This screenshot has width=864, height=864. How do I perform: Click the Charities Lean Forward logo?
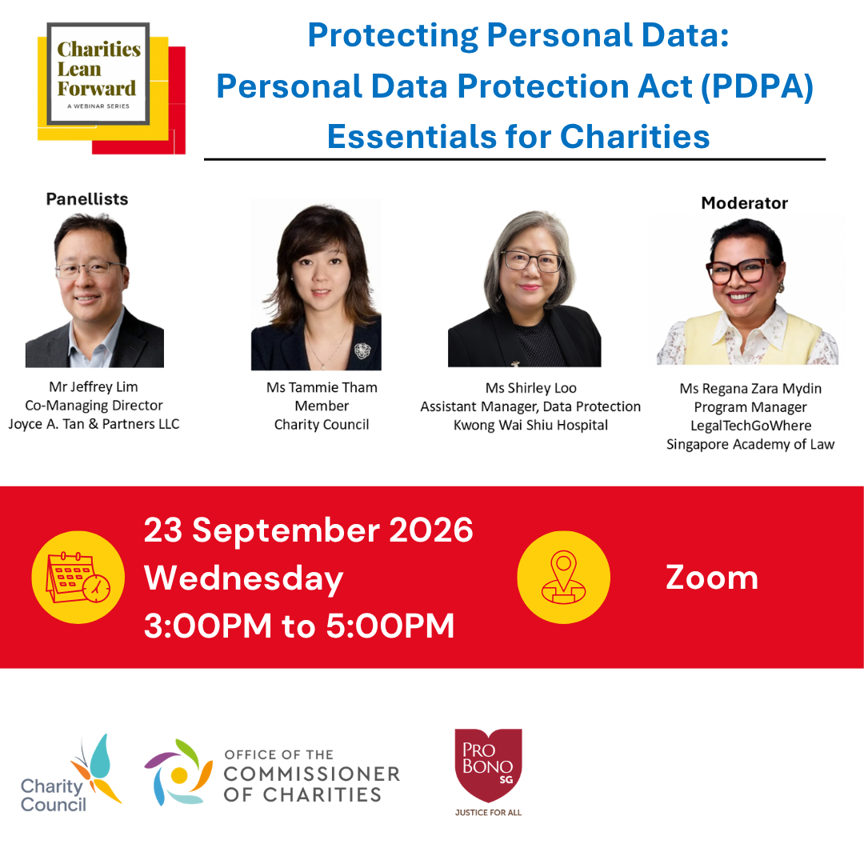[x=111, y=88]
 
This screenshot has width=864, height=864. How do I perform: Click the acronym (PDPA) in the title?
[x=757, y=86]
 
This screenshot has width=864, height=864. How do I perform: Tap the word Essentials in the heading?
[x=412, y=136]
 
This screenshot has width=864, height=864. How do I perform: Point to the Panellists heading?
[x=87, y=199]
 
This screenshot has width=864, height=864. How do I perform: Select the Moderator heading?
[x=745, y=202]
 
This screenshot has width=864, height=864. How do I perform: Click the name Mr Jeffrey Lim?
[x=94, y=387]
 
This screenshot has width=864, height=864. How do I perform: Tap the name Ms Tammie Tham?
[x=322, y=387]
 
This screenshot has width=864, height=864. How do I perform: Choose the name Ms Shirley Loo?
[x=530, y=388]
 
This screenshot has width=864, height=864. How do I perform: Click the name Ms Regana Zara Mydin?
[x=750, y=389]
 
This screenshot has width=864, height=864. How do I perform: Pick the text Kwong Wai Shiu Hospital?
[x=530, y=426]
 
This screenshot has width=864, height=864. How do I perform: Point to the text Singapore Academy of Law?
[x=750, y=444]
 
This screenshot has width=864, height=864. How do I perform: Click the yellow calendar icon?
[x=78, y=577]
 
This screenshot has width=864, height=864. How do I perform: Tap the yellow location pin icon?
[x=564, y=577]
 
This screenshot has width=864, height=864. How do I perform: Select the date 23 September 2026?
[x=309, y=530]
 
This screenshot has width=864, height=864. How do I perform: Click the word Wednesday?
[x=243, y=578]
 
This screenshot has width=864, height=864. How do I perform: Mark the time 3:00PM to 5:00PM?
[x=299, y=626]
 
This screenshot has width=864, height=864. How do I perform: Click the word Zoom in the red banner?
[x=712, y=578]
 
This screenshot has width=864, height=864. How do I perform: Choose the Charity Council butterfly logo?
[x=71, y=774]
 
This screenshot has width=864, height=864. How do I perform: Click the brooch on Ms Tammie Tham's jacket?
[x=362, y=350]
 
